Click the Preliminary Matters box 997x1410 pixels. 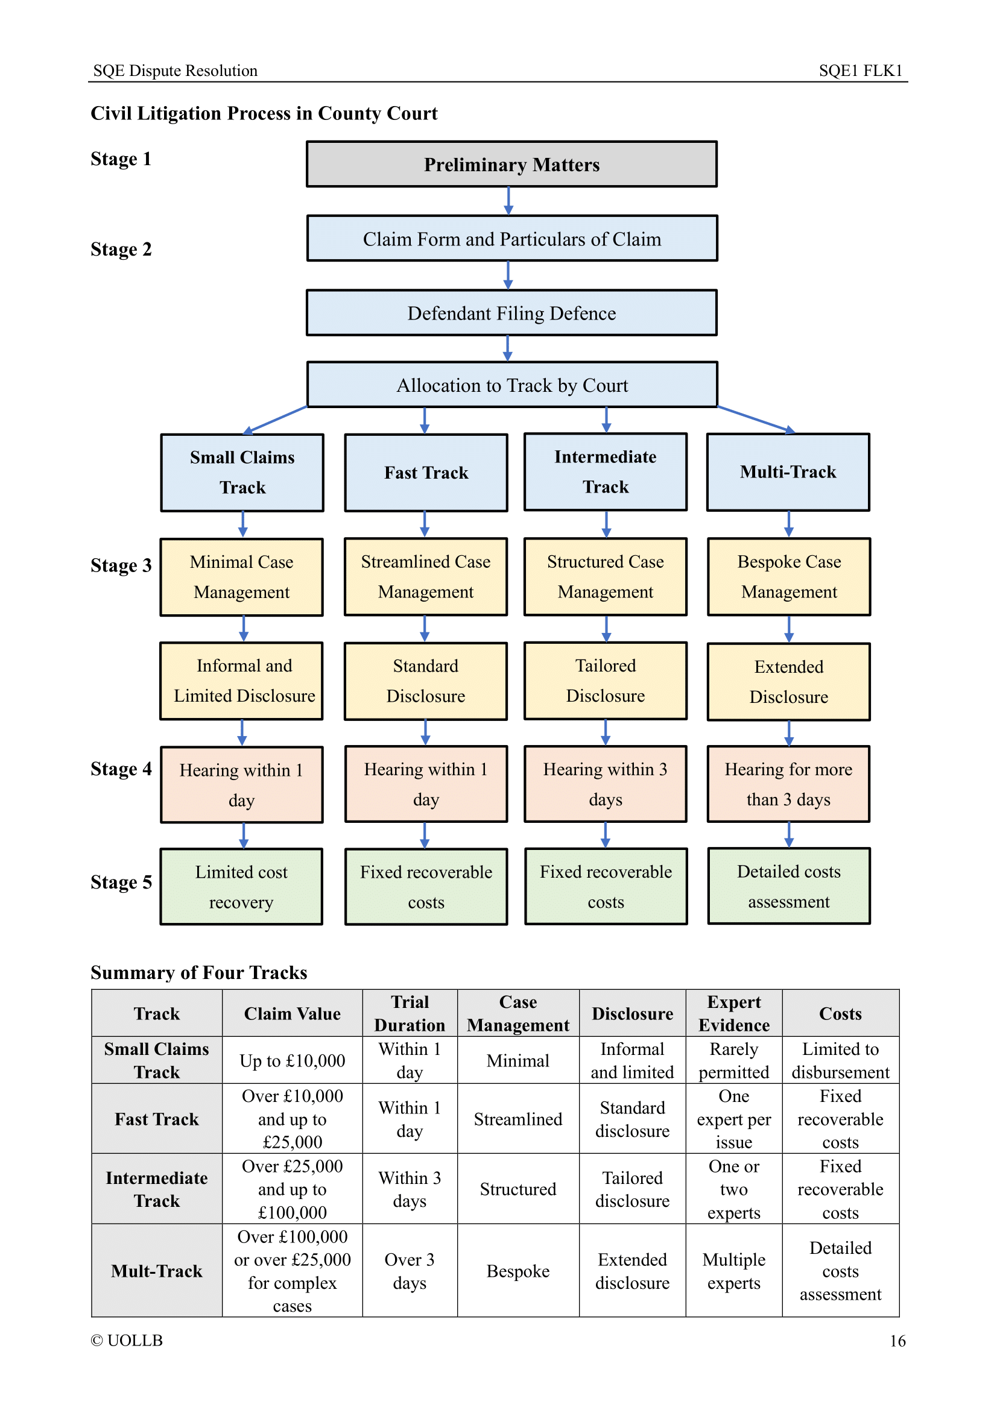tap(511, 165)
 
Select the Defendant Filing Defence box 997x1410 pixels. tap(511, 313)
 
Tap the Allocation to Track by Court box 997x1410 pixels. tap(511, 385)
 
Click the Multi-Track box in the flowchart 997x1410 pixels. tap(788, 472)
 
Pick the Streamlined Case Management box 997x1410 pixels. tap(425, 577)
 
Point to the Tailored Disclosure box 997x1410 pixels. tap(605, 681)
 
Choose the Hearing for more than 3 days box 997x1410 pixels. tap(788, 784)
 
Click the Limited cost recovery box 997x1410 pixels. tap(241, 887)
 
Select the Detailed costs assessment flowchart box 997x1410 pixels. tap(789, 886)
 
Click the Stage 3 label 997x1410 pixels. tap(121, 565)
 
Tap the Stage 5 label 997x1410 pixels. tap(121, 883)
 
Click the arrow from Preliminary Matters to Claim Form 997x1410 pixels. tap(508, 201)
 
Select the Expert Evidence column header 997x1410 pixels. tap(733, 1013)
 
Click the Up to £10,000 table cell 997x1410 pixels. tap(292, 1060)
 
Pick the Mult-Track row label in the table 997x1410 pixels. tap(157, 1271)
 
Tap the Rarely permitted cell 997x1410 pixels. tap(733, 1060)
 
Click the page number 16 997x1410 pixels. tap(897, 1341)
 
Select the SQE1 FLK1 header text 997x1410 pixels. tap(860, 71)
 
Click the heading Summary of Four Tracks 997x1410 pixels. tap(198, 973)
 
